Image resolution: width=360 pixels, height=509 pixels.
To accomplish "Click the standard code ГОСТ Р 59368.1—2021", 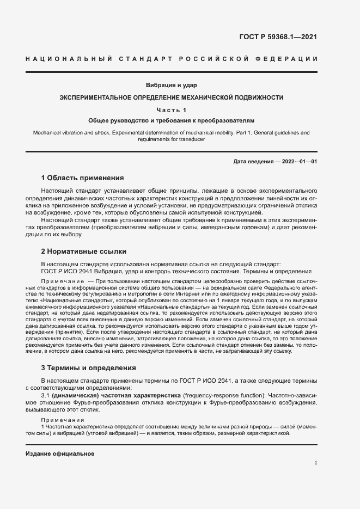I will pos(278,38).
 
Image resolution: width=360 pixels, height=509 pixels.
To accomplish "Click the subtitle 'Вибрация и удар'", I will pos(171,85).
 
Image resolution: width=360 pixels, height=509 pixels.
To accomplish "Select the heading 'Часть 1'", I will pos(171,111).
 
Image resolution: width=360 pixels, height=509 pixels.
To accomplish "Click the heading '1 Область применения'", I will pos(82,178).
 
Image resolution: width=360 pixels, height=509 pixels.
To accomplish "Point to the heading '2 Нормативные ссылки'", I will pos(84,252).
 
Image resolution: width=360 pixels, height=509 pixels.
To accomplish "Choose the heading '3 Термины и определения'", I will pos(88,368).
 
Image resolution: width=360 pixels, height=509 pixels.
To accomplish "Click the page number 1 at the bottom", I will pos(316,463).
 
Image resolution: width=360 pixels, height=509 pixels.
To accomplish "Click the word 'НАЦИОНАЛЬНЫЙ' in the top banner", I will pos(69,59).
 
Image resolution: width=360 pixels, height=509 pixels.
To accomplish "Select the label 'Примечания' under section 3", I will pos(60,420).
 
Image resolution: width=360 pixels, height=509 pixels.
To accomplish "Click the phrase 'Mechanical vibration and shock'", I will pos(71,133).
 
